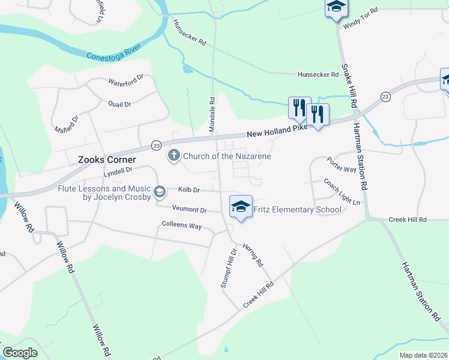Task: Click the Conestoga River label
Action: click(113, 52)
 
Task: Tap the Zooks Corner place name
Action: click(107, 160)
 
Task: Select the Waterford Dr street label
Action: click(126, 79)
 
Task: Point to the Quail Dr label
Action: click(119, 104)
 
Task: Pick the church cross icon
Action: click(173, 156)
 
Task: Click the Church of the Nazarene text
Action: click(228, 157)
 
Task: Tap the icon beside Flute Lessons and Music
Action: click(159, 192)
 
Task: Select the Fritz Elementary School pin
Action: click(240, 207)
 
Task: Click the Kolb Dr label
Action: click(188, 190)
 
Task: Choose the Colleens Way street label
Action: click(182, 226)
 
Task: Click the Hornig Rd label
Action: click(253, 254)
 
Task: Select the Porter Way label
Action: click(342, 164)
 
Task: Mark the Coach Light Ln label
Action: click(341, 191)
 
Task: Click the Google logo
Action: click(20, 353)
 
